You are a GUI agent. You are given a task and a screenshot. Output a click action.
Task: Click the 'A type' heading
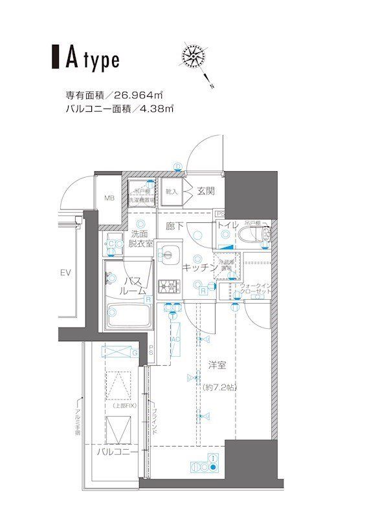point(91,59)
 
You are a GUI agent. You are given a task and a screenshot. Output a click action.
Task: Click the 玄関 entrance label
point(206,191)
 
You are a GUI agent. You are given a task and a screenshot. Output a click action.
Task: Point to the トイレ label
point(227,226)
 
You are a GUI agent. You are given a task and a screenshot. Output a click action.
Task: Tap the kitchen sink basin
point(169,253)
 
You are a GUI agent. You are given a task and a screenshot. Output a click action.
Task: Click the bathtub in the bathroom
point(128,315)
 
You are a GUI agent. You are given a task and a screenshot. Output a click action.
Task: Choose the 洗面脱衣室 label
point(140,238)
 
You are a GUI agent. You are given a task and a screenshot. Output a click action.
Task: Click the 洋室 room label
point(217,365)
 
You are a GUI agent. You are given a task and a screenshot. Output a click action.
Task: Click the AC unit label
point(175,339)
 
